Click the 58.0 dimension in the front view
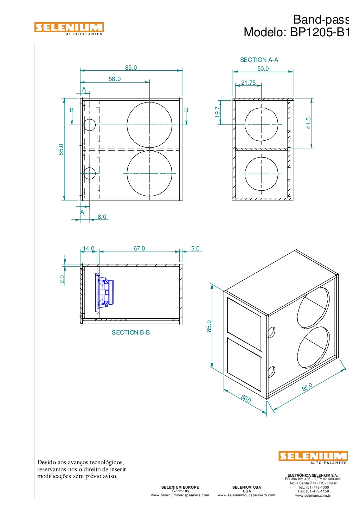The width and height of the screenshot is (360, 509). point(115,79)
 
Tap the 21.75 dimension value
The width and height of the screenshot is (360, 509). point(248,82)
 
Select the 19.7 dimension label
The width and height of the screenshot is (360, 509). point(217,112)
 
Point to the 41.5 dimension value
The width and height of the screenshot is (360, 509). point(308,123)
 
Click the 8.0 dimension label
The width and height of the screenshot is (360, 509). point(102,217)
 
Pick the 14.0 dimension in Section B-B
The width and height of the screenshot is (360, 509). point(89,248)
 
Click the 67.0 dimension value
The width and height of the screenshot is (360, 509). point(139,248)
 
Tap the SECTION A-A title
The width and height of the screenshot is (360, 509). point(259,60)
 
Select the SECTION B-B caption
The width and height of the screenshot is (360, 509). point(130,332)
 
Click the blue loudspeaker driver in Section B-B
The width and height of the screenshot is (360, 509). point(104,292)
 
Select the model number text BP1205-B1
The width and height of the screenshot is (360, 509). point(319,32)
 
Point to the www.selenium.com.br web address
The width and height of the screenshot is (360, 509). point(313,496)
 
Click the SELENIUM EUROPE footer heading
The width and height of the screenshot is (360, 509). point(180,487)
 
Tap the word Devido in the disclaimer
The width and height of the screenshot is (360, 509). point(46,462)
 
